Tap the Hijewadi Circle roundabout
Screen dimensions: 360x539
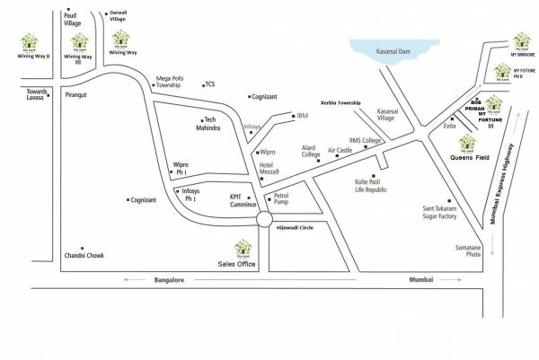pyautogui.click(x=263, y=219)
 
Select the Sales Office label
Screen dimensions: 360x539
pyautogui.click(x=238, y=265)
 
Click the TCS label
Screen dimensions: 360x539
pyautogui.click(x=210, y=84)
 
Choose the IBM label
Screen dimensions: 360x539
pyautogui.click(x=302, y=116)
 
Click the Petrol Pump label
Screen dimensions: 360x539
pyautogui.click(x=280, y=198)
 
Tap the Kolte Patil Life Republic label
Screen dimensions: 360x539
pyautogui.click(x=369, y=186)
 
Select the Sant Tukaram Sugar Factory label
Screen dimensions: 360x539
pyautogui.click(x=440, y=213)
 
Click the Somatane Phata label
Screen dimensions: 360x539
pyautogui.click(x=468, y=251)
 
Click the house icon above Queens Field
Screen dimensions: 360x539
pyautogui.click(x=466, y=141)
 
